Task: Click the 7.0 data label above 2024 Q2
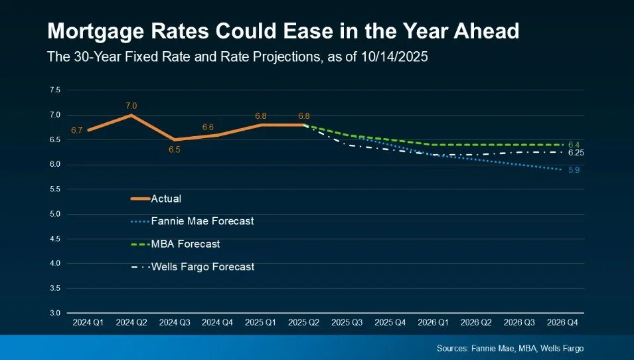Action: [131, 106]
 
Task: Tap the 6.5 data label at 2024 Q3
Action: [175, 150]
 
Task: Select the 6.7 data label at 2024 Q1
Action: [76, 130]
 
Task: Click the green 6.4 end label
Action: [574, 145]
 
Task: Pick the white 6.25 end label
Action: [576, 153]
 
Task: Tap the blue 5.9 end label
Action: [574, 170]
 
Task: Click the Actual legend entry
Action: [166, 199]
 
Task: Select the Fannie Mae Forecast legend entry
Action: [202, 221]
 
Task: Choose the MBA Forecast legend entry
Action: [185, 244]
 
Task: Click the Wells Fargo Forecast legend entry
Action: [202, 267]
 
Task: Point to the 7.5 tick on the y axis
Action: [54, 90]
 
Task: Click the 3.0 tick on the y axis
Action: [54, 313]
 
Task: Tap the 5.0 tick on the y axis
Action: [54, 214]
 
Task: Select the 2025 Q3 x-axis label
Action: [347, 323]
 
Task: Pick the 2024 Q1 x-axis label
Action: [88, 323]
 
